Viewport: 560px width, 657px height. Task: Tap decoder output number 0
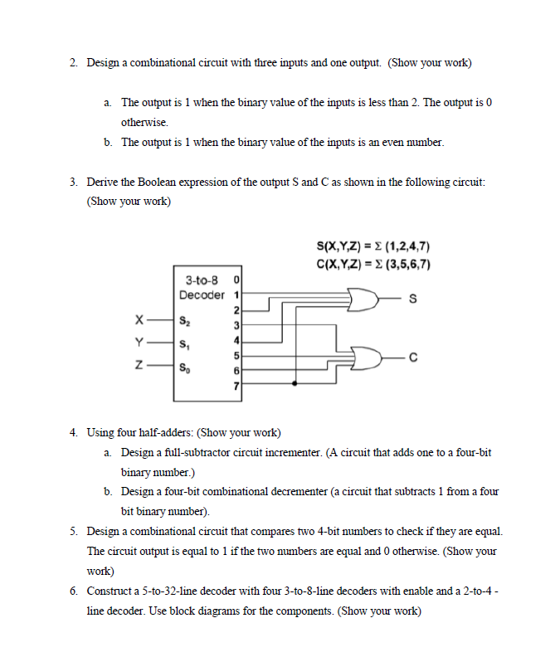236,280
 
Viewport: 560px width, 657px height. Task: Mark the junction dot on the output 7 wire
296,384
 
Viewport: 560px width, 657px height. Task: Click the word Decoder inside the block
202,294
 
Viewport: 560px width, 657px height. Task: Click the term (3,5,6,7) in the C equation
412,265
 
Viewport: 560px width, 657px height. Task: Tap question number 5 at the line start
74,531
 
